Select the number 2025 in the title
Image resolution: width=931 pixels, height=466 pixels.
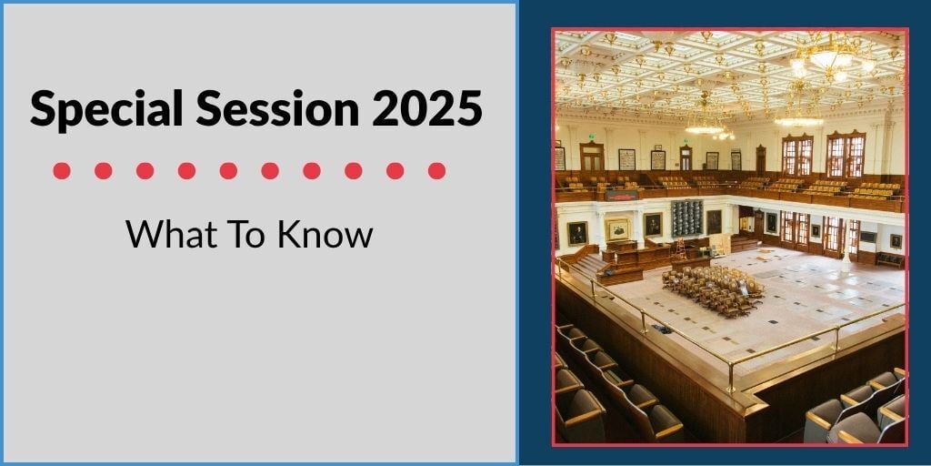click(x=427, y=108)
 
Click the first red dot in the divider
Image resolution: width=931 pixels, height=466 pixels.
click(x=62, y=171)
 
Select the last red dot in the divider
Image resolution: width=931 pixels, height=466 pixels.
click(x=437, y=171)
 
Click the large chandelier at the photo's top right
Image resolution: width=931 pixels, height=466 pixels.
click(x=831, y=59)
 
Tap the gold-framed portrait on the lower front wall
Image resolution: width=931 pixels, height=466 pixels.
click(x=617, y=229)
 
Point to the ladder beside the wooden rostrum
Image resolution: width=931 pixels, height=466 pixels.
click(x=680, y=249)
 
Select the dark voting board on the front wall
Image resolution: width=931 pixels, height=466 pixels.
click(x=687, y=218)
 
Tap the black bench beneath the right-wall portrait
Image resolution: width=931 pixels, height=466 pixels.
click(x=890, y=259)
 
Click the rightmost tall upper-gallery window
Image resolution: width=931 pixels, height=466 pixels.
click(x=846, y=155)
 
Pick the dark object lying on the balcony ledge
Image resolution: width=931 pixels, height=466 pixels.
click(x=662, y=328)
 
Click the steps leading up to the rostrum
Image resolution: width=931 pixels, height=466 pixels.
click(x=588, y=266)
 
